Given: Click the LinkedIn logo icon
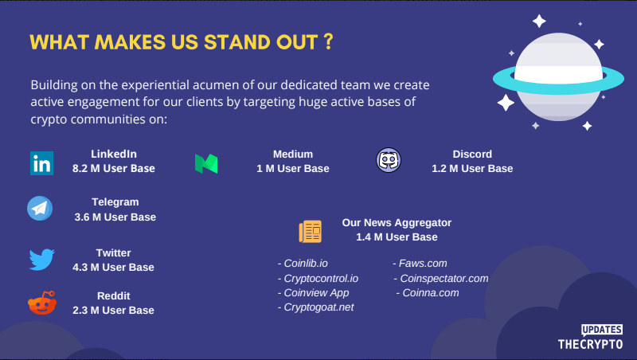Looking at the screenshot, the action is (x=41, y=163).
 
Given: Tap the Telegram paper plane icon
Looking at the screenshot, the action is (x=40, y=209).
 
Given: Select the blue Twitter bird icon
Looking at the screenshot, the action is (x=42, y=259).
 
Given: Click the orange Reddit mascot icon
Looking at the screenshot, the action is (x=42, y=303).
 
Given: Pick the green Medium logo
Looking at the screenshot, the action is (x=206, y=164).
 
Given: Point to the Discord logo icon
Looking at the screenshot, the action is (x=389, y=160).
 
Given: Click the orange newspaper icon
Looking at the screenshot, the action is (x=311, y=231).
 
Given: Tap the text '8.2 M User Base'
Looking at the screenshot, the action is (x=114, y=169).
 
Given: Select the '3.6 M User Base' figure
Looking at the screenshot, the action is (x=115, y=217).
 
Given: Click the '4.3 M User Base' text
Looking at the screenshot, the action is (x=113, y=268).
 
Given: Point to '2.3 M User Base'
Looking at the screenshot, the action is (x=113, y=311).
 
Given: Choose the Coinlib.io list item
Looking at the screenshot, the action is (x=303, y=264).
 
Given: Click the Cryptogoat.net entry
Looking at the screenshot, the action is (x=315, y=307).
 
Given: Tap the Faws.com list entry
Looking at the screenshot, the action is (x=420, y=264).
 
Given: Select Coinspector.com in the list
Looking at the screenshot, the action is (x=441, y=278).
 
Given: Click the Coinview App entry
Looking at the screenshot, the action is (x=313, y=293).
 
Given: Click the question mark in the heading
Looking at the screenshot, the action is (x=329, y=41).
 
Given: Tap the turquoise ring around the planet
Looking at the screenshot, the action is (x=558, y=88).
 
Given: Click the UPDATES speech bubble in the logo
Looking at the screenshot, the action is (x=602, y=330).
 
